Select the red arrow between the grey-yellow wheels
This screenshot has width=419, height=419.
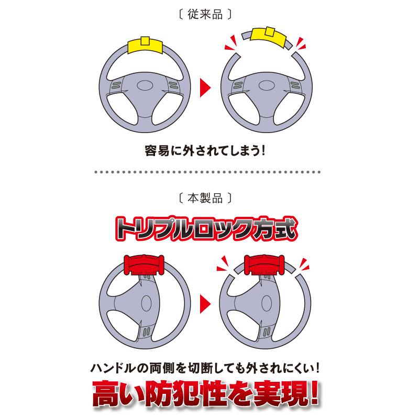(x=207, y=87)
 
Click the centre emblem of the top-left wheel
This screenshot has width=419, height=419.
(x=145, y=87)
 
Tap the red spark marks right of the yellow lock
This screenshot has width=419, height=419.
(x=300, y=43)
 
